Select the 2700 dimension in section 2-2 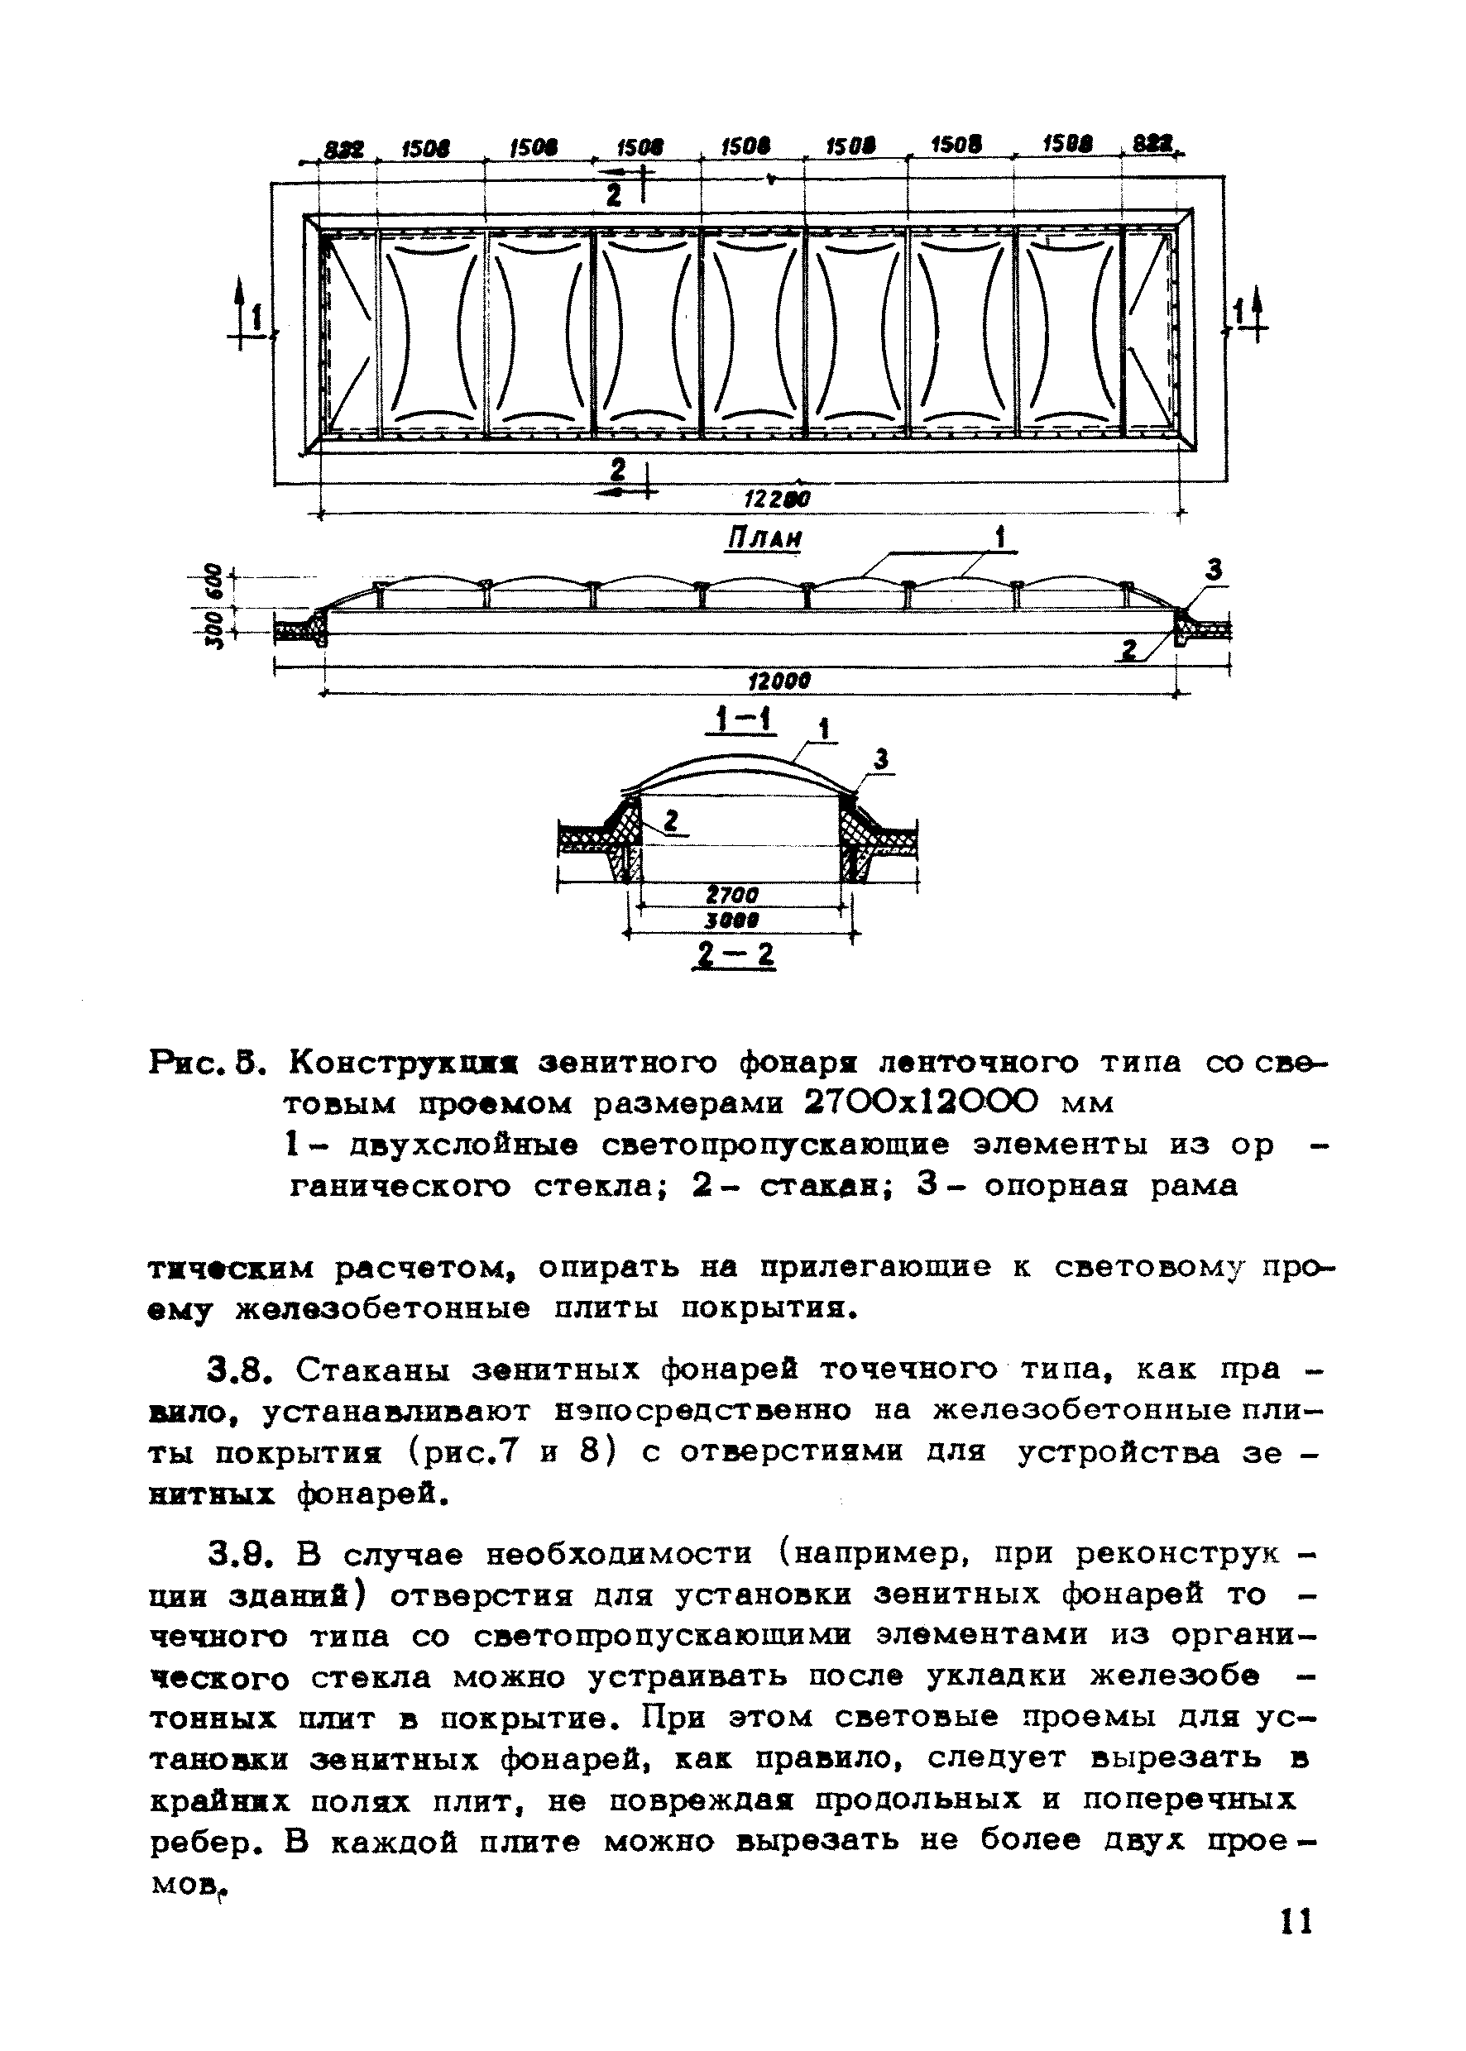(732, 894)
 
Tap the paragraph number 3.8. (238, 1370)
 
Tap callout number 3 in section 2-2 (882, 760)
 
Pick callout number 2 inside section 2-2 (672, 820)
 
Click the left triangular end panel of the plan (347, 334)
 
